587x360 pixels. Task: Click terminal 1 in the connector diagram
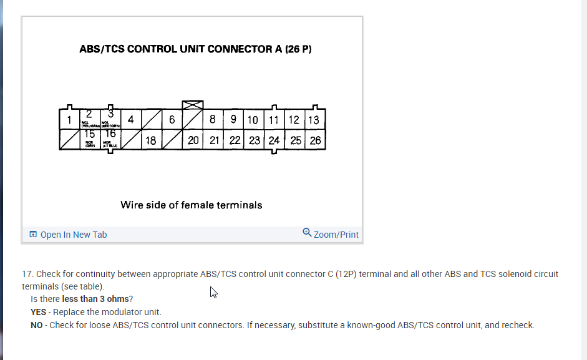coord(69,119)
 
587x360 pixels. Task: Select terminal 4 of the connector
coord(130,119)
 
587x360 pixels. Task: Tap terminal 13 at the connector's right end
coord(314,120)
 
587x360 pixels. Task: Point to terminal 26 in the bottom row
coord(315,140)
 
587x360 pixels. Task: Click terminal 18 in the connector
coord(151,140)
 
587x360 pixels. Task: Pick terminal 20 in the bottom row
coord(193,140)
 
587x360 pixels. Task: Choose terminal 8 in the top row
coord(213,119)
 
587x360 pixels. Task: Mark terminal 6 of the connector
coord(172,119)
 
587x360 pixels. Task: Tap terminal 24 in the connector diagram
coord(274,140)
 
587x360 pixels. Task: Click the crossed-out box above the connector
coord(193,105)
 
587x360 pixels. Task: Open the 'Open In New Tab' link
coord(73,235)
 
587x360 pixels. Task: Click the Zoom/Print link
coord(336,235)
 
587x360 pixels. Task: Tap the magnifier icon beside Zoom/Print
coord(307,233)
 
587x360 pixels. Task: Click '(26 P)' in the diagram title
coord(298,49)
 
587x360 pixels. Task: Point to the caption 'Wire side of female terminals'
coord(192,205)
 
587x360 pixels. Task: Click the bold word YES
coord(38,312)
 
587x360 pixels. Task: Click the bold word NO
coord(37,325)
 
